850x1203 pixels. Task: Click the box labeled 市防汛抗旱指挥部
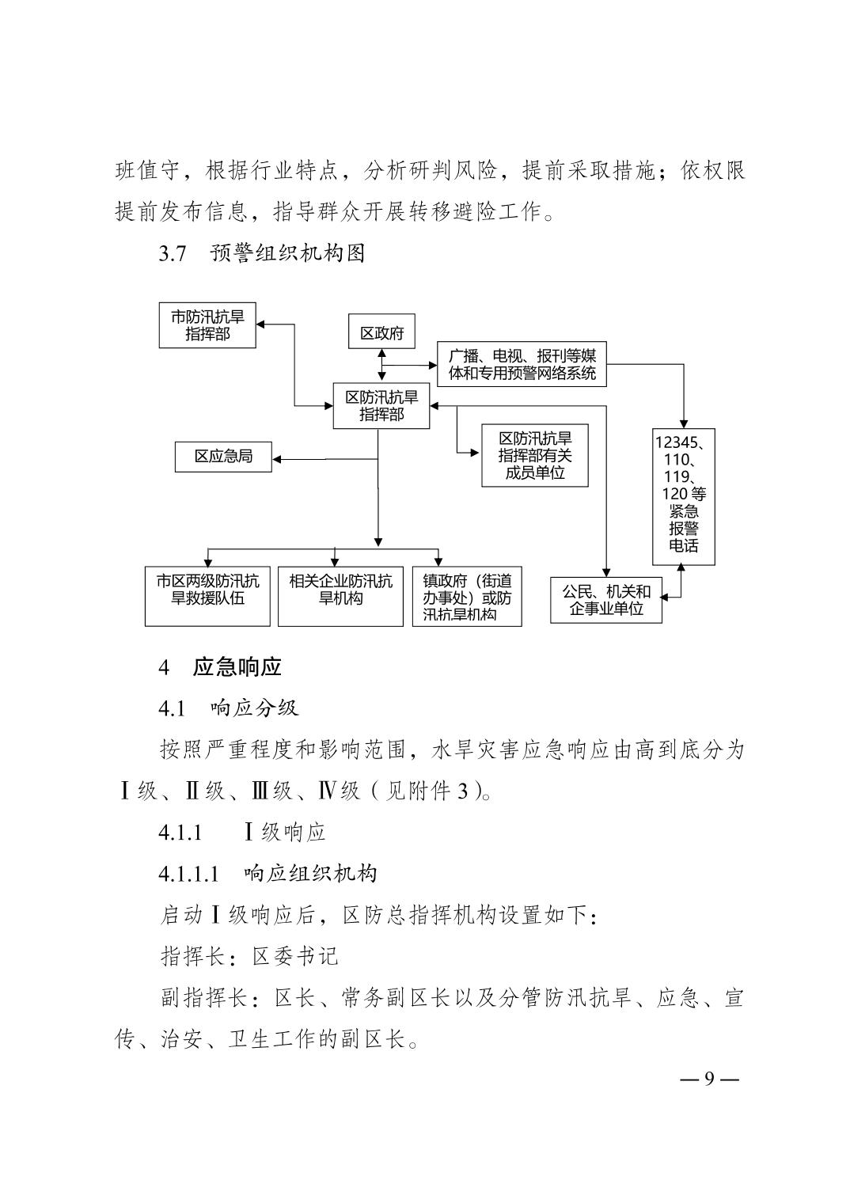coord(207,325)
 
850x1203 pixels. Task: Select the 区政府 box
coord(381,332)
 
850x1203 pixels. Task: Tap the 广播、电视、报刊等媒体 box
coord(522,364)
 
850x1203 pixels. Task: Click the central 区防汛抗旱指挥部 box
coord(381,405)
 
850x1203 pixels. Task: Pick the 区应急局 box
coord(223,457)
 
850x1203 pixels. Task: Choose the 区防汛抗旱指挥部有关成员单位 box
coord(535,455)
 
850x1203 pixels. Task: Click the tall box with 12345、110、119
coord(684,497)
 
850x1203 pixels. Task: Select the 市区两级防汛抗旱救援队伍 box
coord(207,596)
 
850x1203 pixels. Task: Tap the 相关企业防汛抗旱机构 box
coord(340,596)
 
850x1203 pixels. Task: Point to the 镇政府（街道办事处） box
coord(467,596)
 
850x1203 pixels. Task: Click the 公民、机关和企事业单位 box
coord(606,600)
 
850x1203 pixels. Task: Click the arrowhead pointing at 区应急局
coord(277,459)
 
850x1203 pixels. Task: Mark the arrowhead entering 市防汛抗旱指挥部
coord(261,324)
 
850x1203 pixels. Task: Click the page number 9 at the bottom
coord(709,1078)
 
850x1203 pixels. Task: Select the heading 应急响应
coord(237,667)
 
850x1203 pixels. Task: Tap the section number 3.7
coord(173,253)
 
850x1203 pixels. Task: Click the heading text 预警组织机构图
coord(288,253)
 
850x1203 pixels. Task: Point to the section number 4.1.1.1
coord(188,874)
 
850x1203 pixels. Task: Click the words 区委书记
coord(295,956)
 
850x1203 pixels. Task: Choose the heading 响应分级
coord(255,708)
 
